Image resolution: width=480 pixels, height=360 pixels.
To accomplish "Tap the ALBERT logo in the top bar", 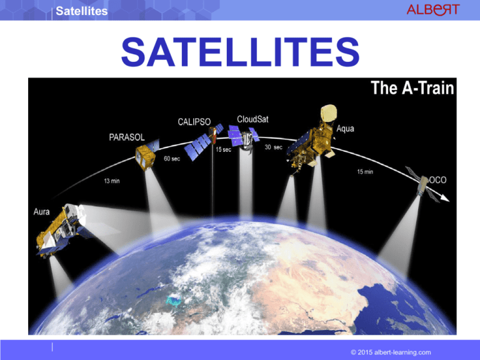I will [432, 10].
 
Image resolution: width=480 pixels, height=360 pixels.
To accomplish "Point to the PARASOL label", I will [122, 136].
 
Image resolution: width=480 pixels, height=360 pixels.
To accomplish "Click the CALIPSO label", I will [193, 120].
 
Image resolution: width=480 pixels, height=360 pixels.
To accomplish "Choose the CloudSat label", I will [254, 118].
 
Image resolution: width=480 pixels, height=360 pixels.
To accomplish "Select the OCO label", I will [440, 179].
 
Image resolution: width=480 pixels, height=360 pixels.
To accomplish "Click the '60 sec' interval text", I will [172, 159].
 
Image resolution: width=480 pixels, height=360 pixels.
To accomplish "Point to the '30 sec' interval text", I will [274, 147].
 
